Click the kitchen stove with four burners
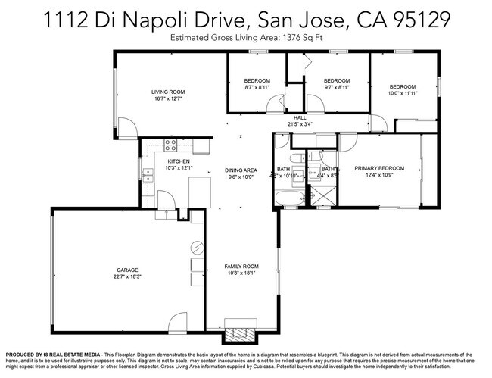170,146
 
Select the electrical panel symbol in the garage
198,248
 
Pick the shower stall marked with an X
326,198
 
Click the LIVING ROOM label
168,92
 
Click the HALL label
300,118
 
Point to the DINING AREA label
241,170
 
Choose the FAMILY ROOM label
241,267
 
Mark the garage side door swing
175,323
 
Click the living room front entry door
129,129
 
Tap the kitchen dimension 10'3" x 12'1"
179,168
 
